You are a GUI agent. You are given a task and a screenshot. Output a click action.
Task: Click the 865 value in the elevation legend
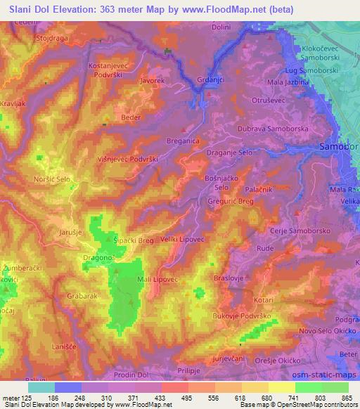[345, 398]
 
